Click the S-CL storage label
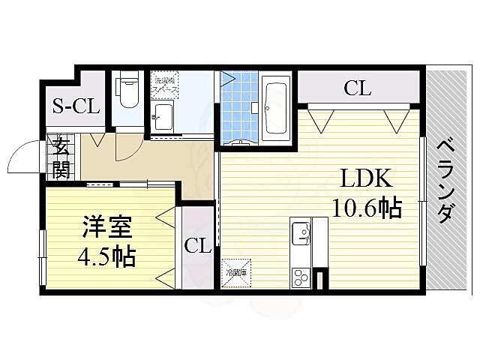click(76, 106)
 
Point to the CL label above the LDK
click(358, 88)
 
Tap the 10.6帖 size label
click(367, 207)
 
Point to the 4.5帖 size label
click(106, 256)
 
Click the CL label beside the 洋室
click(196, 244)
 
